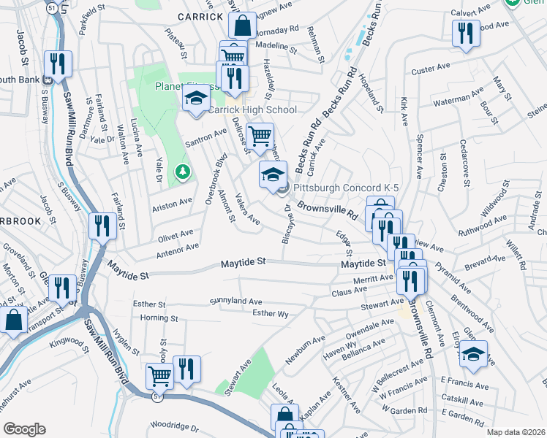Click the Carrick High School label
252,110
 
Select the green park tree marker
182,173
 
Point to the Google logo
24,429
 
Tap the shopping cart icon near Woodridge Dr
159,376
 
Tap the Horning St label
159,318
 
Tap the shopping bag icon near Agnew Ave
242,26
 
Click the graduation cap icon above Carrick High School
196,100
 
